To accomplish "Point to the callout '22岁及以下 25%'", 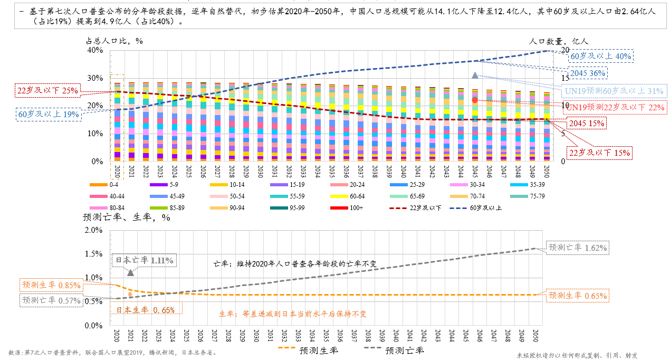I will pyautogui.click(x=47, y=90).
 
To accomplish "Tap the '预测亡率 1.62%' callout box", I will pyautogui.click(x=578, y=247).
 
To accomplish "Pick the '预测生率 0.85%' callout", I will pyautogui.click(x=51, y=285).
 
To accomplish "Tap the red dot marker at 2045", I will pyautogui.click(x=475, y=100).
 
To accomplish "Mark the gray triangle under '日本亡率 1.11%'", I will pyautogui.click(x=130, y=272).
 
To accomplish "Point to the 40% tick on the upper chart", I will pyautogui.click(x=95, y=50).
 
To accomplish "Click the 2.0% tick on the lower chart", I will pyautogui.click(x=93, y=230).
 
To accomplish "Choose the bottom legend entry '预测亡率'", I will pyautogui.click(x=393, y=350).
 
